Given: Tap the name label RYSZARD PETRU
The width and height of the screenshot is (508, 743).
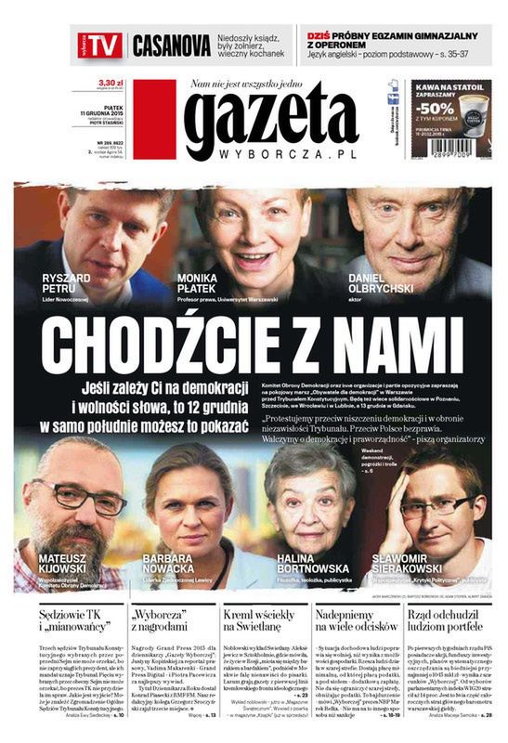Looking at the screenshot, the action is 68,282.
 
